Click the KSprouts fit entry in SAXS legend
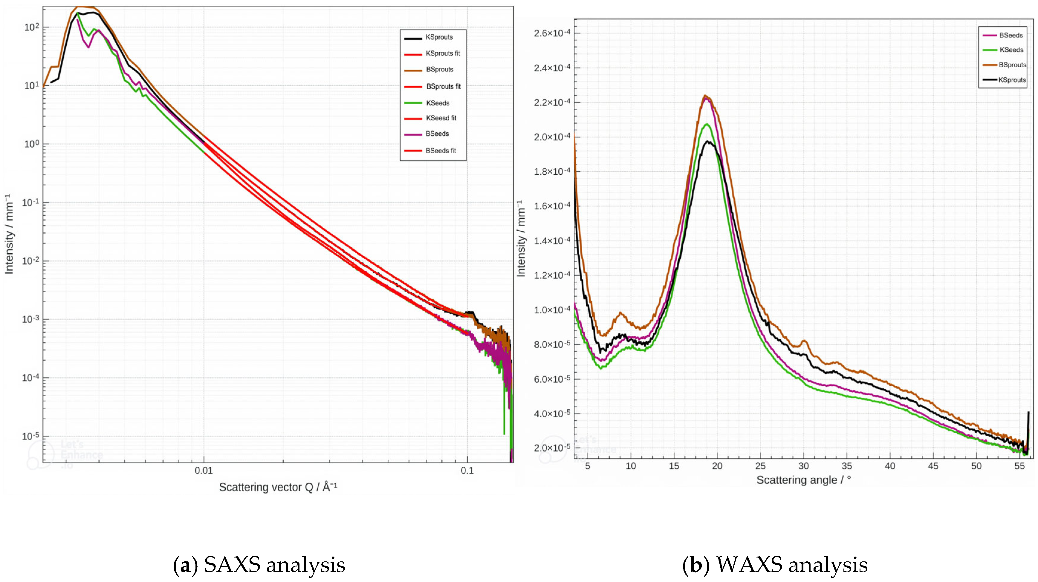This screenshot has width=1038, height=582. (442, 53)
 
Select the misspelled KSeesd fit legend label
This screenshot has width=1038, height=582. (441, 118)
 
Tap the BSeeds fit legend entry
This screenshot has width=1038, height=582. (441, 151)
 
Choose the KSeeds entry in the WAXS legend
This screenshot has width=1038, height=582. (1011, 50)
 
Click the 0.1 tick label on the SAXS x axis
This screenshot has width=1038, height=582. (467, 471)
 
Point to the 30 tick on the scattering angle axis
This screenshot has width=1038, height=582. (803, 466)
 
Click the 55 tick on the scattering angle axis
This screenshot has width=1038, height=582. (1019, 466)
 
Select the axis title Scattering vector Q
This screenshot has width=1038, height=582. (278, 487)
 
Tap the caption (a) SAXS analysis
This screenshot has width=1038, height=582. (259, 564)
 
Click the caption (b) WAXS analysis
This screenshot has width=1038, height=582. (774, 564)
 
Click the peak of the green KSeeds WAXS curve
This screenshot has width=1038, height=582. (706, 124)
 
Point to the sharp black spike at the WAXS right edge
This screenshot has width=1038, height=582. (1028, 413)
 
